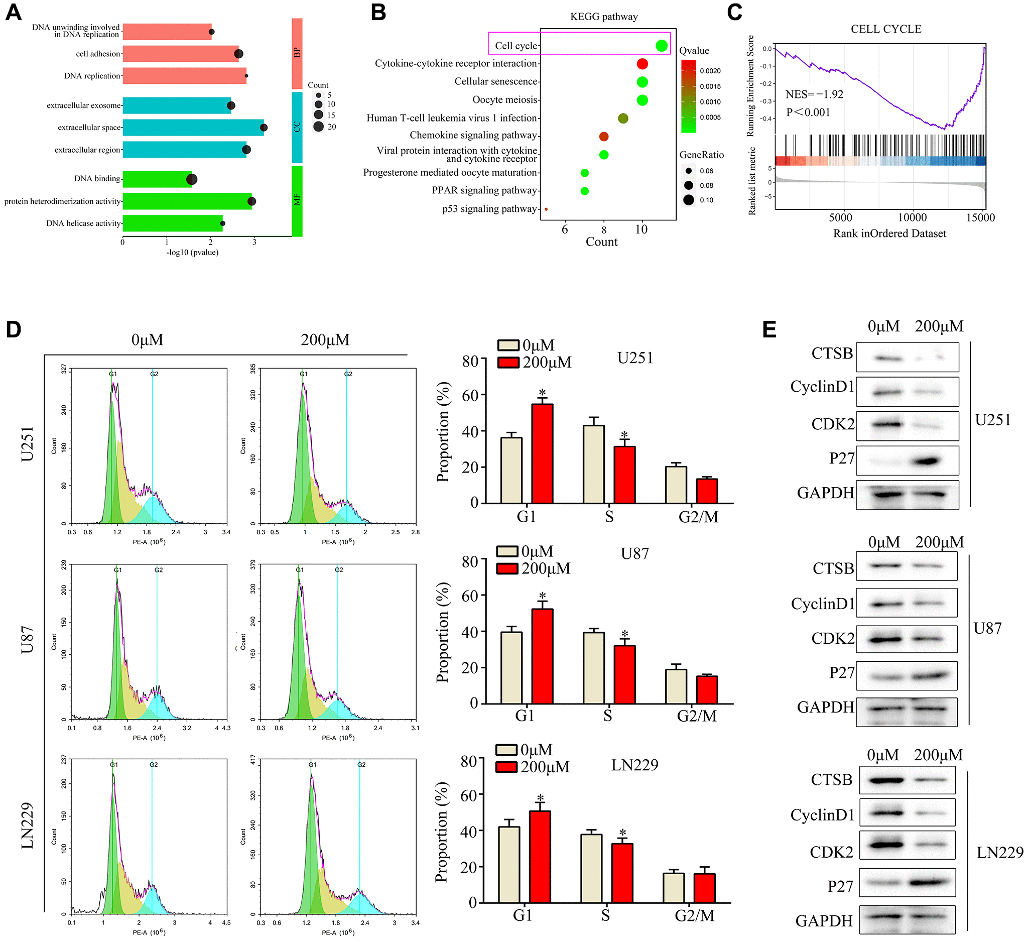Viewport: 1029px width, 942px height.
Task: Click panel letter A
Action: pos(13,12)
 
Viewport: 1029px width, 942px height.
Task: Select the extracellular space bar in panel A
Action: pos(193,127)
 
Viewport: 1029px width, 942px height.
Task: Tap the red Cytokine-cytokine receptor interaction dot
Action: pos(642,64)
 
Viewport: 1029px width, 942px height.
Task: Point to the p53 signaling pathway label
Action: pos(489,209)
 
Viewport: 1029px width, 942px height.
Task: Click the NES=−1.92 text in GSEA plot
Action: pos(814,94)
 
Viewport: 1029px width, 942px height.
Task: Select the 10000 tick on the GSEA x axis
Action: pos(912,217)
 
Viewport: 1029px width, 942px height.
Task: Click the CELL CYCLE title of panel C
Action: pos(885,29)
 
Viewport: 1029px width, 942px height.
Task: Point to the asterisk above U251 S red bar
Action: pos(624,435)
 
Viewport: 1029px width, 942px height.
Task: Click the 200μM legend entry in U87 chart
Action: pos(545,568)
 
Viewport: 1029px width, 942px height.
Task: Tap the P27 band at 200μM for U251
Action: pos(926,461)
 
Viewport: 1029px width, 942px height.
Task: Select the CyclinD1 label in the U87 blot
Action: pos(822,604)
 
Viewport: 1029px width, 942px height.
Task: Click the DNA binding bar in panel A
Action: pos(157,179)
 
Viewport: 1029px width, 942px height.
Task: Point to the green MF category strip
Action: pos(297,201)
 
